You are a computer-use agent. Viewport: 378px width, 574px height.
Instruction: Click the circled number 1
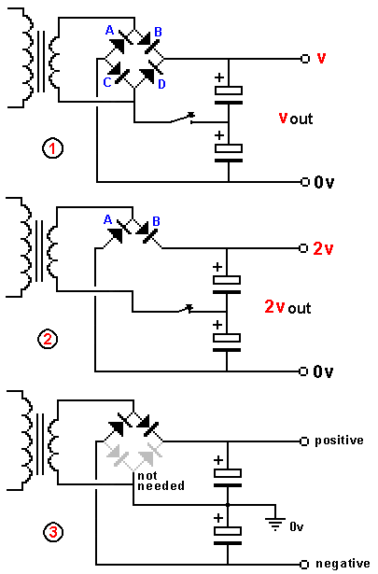point(53,148)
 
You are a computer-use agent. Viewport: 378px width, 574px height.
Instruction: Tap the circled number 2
point(48,340)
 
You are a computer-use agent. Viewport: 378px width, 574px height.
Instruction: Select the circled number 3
point(53,532)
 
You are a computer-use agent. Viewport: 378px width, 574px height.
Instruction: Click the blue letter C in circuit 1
point(107,82)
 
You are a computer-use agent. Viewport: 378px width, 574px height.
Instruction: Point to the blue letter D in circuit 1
point(161,84)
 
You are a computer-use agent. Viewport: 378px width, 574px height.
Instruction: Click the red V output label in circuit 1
point(321,58)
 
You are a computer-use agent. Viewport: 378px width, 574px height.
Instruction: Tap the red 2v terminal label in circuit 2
point(323,249)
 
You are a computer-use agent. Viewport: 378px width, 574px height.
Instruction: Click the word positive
point(339,440)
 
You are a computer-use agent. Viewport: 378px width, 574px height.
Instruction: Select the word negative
point(343,564)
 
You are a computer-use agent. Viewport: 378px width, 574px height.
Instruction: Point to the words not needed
point(161,481)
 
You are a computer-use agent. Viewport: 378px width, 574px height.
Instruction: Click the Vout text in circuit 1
point(296,119)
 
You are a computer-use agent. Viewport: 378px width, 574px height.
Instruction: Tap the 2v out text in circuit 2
point(287,307)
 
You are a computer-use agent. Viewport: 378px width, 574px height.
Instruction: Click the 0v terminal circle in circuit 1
point(305,182)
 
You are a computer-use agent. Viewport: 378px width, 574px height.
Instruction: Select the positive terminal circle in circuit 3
point(304,441)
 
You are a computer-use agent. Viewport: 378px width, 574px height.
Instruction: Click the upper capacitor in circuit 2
point(227,285)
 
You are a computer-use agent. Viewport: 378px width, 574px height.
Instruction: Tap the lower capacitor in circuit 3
point(228,536)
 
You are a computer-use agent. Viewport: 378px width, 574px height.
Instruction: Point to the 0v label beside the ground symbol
point(297,526)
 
